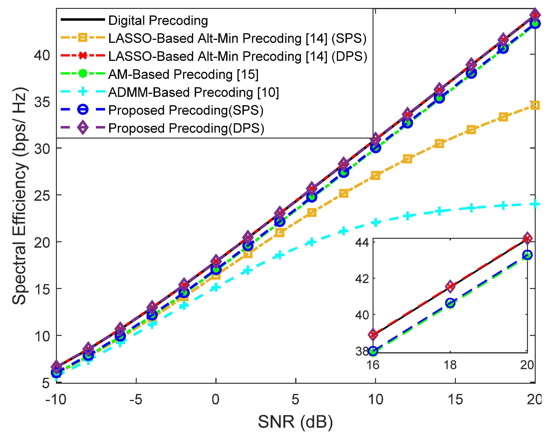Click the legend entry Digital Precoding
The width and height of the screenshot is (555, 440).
158,20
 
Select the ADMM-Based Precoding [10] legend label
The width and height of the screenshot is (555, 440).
193,92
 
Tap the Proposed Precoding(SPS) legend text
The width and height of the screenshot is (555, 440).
186,110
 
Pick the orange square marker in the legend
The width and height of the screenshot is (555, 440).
83,38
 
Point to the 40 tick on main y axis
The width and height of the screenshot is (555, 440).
42,55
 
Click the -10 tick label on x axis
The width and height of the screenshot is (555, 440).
56,400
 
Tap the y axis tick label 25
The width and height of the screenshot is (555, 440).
42,196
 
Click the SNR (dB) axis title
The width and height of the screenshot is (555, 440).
295,422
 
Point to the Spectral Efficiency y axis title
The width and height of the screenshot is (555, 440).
19,196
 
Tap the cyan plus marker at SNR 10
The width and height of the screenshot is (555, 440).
376,222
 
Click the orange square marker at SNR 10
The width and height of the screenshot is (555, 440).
376,176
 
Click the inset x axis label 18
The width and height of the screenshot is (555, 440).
450,365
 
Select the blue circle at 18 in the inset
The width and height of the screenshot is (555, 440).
450,303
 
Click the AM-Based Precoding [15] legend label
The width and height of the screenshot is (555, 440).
183,75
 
